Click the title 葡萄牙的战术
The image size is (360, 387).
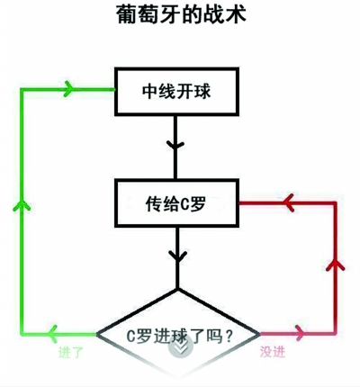coord(181,13)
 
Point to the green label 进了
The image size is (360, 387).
coord(70,352)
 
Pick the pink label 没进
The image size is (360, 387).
coord(273,352)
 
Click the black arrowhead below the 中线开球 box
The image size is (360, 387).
coord(175,145)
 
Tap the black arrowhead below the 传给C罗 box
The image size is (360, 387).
coord(177,256)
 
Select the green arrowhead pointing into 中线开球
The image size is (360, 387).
coord(68,89)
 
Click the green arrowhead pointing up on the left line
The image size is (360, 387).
coord(22,206)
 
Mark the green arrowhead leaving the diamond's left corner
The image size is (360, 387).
coord(53,334)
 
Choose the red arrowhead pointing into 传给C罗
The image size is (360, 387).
coord(289,203)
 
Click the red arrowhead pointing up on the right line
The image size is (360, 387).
coord(335,265)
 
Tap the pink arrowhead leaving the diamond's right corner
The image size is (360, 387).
coord(301,333)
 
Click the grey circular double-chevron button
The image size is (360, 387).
coord(180,348)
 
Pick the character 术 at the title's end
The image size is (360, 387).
coord(236,13)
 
